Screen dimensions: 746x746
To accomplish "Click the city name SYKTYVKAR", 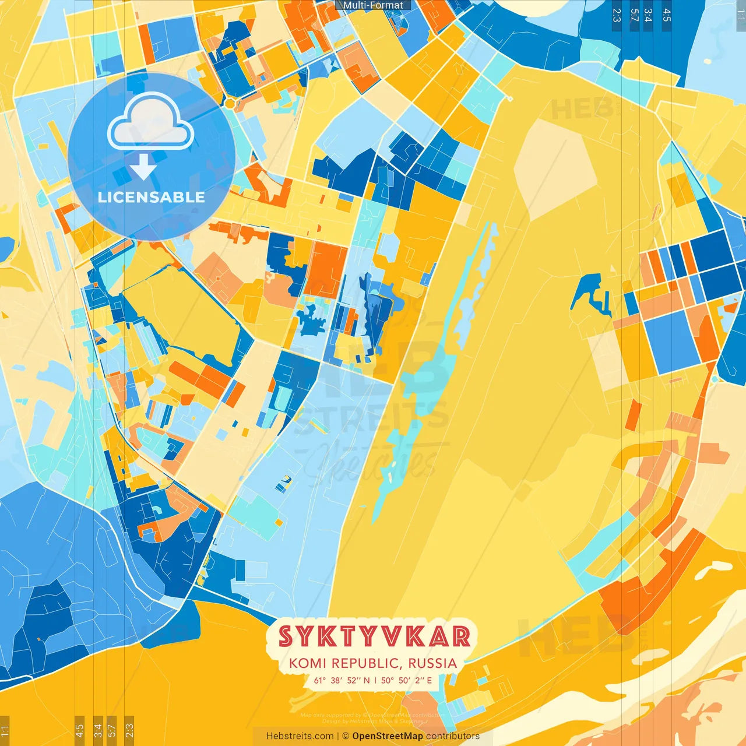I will [x=374, y=636].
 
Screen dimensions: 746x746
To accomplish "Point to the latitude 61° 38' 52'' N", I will [x=342, y=680].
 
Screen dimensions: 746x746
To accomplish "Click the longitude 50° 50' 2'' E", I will [x=407, y=680].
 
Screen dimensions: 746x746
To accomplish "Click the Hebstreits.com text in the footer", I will [x=300, y=736].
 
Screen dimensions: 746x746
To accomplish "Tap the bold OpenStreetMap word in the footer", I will [x=387, y=736].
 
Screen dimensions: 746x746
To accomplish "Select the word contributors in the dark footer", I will [x=453, y=736].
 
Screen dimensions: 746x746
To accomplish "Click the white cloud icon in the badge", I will [x=150, y=122].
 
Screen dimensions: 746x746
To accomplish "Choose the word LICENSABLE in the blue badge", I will [x=151, y=197].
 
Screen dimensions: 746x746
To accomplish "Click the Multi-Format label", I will [x=373, y=5].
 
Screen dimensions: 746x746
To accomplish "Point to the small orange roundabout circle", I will [x=230, y=104].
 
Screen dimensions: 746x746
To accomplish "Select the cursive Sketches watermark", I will [x=373, y=463].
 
